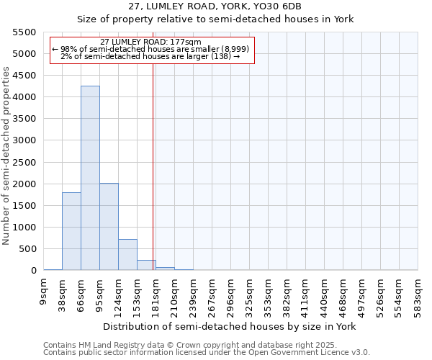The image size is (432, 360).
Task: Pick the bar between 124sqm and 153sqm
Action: tap(127, 255)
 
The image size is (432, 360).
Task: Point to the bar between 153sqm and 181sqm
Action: tap(146, 265)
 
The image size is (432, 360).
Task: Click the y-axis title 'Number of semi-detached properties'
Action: tap(7, 156)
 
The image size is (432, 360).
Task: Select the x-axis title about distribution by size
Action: tap(230, 326)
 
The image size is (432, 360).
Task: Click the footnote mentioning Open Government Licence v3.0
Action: tap(207, 353)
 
